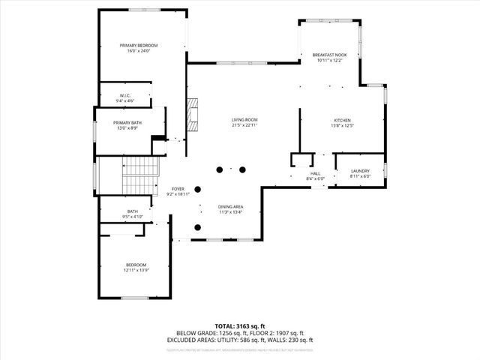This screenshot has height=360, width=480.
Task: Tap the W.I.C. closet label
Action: point(124,95)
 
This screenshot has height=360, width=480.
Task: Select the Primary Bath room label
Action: point(127,123)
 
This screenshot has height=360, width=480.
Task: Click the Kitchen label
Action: point(342,121)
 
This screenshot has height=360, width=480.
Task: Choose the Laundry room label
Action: point(360,172)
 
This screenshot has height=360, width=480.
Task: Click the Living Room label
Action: point(244,120)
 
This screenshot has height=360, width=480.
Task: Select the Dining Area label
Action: point(230,206)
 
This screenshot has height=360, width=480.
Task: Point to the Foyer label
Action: point(178,189)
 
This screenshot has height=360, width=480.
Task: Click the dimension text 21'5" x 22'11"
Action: point(244,125)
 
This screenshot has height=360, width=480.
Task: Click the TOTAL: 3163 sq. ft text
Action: point(240,325)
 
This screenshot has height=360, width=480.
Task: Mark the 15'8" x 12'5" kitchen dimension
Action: point(342,126)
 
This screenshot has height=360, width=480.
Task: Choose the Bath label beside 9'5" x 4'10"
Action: point(133,211)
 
